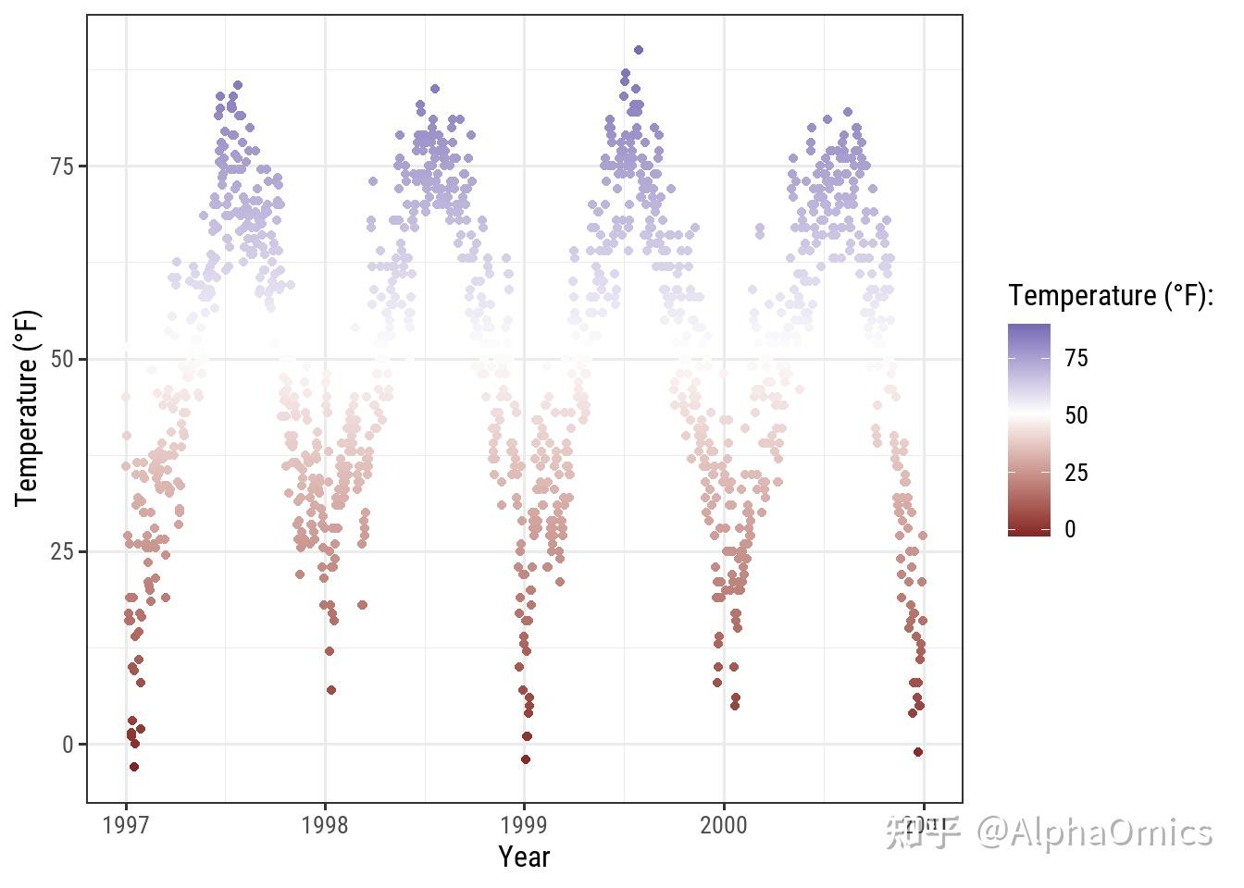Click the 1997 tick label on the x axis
coord(126,825)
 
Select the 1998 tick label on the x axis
coord(325,825)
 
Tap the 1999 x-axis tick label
coord(524,825)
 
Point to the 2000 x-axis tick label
coord(723,825)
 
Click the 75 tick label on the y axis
coord(63,166)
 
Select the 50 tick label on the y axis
coord(63,359)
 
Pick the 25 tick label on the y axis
coord(63,551)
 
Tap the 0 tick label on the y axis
coord(68,745)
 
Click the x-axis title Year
coord(524,857)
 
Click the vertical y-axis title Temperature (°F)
coord(28,408)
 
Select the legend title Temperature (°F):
coord(1111,296)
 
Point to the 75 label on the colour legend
coord(1076,358)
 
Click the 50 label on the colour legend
coord(1076,415)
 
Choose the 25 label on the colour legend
coord(1076,473)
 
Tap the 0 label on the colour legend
coord(1070,529)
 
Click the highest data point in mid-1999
coord(638,50)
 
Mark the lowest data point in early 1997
coord(134,767)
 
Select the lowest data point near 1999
coord(526,759)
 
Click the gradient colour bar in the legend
coord(1029,429)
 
